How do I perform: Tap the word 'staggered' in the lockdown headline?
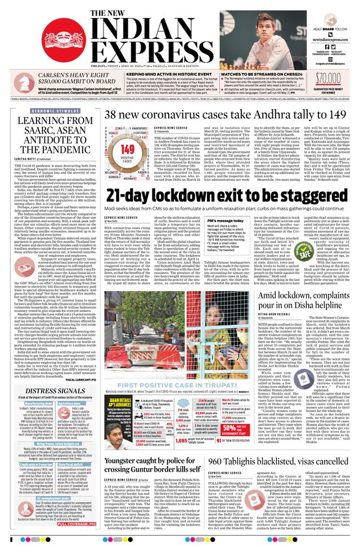(x=292, y=195)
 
